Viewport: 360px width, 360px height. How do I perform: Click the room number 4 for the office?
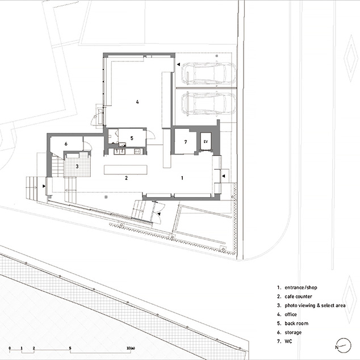click(x=137, y=102)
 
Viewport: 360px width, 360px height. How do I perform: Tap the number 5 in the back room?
click(x=132, y=138)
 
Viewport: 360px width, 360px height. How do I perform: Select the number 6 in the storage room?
click(x=66, y=144)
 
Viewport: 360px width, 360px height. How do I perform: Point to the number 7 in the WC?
click(x=186, y=142)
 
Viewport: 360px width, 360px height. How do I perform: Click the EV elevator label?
click(x=206, y=141)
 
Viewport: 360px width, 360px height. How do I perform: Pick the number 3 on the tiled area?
click(x=77, y=166)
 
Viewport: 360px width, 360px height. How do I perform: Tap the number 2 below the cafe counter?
click(x=126, y=178)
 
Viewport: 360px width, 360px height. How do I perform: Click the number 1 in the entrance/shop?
click(x=182, y=178)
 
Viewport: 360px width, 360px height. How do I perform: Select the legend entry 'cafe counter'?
click(x=298, y=296)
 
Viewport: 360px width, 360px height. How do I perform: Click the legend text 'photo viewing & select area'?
click(x=315, y=305)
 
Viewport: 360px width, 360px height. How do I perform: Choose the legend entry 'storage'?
click(x=293, y=332)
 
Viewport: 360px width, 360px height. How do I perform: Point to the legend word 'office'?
click(x=291, y=315)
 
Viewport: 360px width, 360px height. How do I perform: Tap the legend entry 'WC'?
click(x=288, y=341)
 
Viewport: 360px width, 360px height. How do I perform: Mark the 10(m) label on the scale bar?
click(x=131, y=348)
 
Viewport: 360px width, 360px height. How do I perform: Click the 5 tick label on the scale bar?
click(x=70, y=348)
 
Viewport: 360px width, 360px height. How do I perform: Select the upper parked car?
click(x=208, y=73)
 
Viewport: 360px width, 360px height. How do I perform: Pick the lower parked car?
click(x=208, y=103)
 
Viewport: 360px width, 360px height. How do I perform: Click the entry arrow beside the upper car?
click(x=178, y=65)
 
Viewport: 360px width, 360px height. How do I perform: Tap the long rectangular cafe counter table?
click(x=125, y=170)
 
